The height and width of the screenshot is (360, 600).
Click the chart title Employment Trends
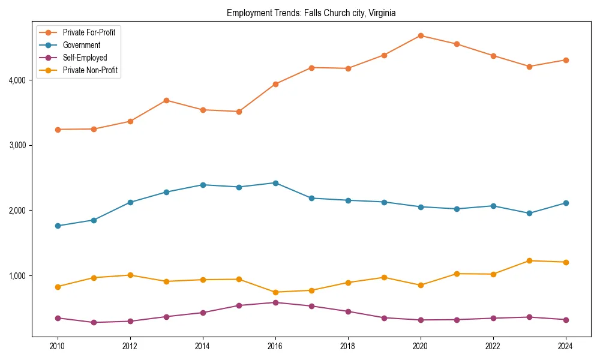(x=311, y=13)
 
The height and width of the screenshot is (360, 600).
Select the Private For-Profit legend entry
(x=89, y=32)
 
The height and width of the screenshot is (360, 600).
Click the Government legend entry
(x=81, y=45)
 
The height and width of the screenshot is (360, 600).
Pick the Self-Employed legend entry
(x=85, y=58)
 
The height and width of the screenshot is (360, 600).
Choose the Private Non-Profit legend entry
(x=90, y=71)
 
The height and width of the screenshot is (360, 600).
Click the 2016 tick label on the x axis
(x=275, y=346)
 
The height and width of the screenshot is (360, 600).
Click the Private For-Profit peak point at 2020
(x=421, y=35)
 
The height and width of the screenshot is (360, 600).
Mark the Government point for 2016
(x=275, y=183)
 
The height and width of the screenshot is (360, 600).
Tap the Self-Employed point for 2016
(x=275, y=302)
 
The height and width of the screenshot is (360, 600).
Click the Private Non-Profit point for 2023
(x=529, y=260)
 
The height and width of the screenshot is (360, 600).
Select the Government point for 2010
(x=58, y=226)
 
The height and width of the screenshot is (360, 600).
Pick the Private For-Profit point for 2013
(x=166, y=100)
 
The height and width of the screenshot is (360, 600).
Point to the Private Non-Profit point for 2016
(x=275, y=292)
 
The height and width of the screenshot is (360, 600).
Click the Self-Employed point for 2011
(x=94, y=322)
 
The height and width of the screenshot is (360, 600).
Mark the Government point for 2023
(x=529, y=213)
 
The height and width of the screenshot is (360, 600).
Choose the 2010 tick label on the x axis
(x=58, y=346)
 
